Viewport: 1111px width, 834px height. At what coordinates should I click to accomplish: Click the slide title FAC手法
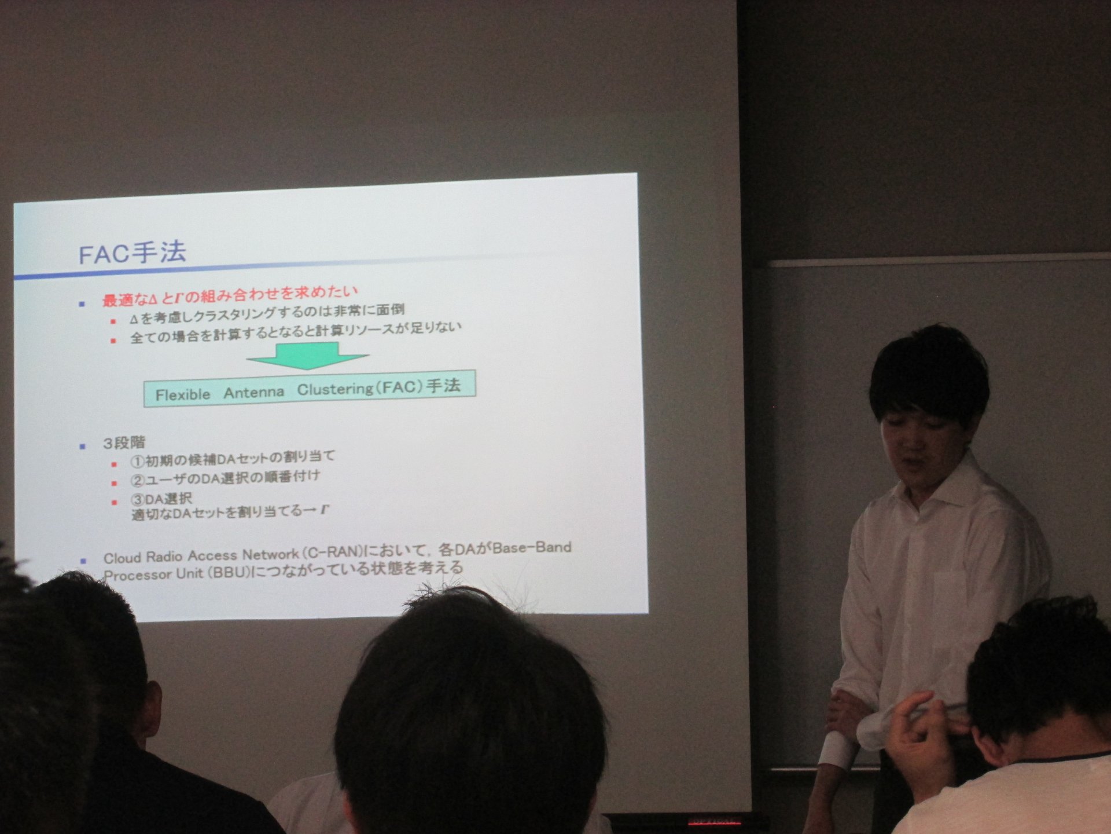click(133, 253)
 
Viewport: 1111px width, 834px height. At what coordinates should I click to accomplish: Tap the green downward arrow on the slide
click(308, 356)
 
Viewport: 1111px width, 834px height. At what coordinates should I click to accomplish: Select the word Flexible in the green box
click(183, 394)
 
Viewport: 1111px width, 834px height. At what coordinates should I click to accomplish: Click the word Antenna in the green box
click(254, 393)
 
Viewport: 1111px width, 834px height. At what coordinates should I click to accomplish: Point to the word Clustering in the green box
click(336, 389)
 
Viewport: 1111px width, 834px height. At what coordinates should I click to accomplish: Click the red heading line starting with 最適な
click(230, 295)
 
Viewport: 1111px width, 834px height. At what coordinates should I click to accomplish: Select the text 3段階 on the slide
click(124, 443)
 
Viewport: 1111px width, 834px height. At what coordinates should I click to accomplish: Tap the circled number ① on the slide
click(137, 462)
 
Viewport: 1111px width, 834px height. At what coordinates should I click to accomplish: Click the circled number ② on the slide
click(137, 481)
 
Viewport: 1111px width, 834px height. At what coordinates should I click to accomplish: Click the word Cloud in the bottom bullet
click(122, 558)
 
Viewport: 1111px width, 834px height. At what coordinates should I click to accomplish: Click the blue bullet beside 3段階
click(83, 446)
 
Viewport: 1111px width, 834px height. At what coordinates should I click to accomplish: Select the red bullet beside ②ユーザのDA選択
click(114, 483)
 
